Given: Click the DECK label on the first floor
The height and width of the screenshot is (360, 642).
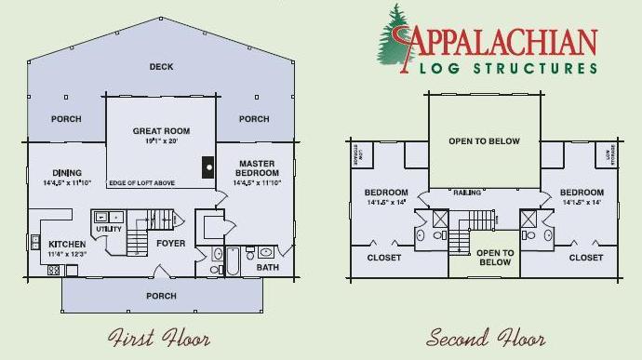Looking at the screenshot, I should click(161, 66).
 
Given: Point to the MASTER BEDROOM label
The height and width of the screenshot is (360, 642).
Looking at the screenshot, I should click(257, 167).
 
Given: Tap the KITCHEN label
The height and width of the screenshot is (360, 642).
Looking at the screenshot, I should click(66, 245).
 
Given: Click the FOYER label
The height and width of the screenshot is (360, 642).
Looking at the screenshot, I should click(170, 244).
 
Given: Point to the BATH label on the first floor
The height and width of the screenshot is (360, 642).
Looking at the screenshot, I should click(268, 268).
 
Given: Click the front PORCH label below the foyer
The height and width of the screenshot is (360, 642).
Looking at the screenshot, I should click(161, 296).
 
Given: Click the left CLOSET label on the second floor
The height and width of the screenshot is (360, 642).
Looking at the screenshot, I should click(383, 258).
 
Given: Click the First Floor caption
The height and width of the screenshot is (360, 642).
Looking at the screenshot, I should click(158, 337).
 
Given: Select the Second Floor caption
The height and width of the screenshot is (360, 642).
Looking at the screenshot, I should click(486, 337).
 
